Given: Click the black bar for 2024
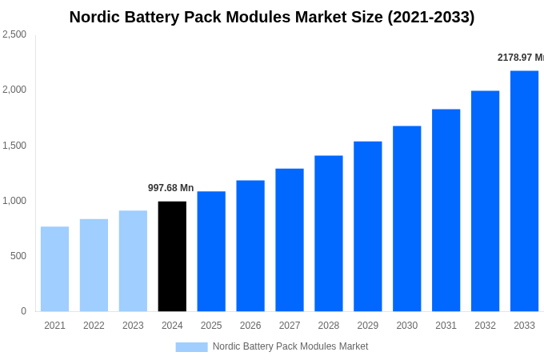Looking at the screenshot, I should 172,256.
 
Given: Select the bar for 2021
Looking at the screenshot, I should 54,269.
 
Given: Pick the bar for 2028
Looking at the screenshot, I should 328,233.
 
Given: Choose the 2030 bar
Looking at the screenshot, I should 406,218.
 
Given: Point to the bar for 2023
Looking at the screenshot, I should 133,261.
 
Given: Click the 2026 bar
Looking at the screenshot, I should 250,246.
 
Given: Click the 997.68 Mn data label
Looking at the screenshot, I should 170,188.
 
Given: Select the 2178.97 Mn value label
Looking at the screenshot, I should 520,58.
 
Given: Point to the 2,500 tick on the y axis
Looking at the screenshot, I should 14,34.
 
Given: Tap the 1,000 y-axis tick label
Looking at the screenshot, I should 14,201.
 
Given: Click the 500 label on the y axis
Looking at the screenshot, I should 18,256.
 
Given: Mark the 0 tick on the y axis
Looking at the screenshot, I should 23,311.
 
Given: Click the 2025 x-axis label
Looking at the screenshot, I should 211,326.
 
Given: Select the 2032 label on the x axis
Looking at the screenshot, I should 485,326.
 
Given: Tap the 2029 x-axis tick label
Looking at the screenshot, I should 367,326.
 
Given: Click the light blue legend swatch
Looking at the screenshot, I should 191,346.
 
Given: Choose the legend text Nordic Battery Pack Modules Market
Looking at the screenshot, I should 290,346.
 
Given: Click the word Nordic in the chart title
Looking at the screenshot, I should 94,17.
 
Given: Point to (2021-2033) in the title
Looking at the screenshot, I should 430,17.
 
